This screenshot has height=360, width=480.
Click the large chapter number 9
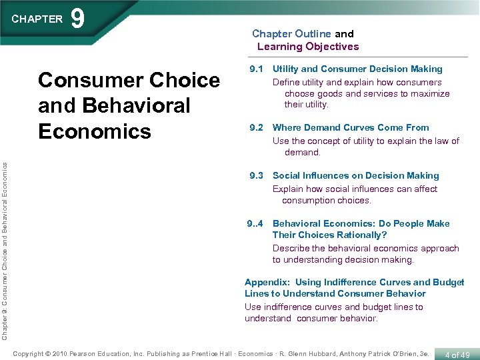click(x=78, y=19)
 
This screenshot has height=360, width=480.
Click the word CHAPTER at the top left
click(x=37, y=19)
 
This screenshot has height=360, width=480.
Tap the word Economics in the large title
click(x=95, y=131)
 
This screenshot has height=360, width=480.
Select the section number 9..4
click(x=255, y=224)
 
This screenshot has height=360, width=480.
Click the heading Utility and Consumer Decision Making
click(x=357, y=69)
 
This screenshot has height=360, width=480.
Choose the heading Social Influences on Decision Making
click(x=356, y=176)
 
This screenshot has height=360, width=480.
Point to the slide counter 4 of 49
click(x=457, y=355)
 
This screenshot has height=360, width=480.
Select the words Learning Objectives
click(x=308, y=47)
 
